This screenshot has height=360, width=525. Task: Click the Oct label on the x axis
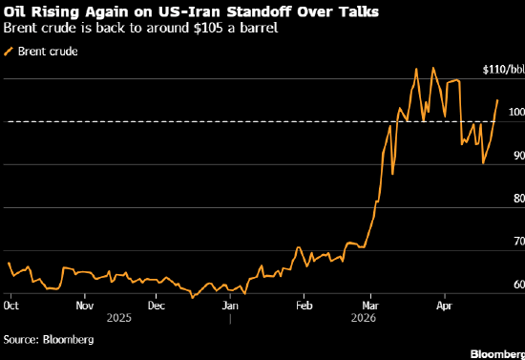[x=11, y=306]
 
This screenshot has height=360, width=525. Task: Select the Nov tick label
[x=85, y=306]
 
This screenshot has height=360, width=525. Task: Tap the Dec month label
[x=157, y=306]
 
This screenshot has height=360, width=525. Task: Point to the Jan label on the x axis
[x=230, y=306]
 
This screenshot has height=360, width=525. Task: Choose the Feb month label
[x=304, y=306]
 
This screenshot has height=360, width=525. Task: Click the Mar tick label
[x=370, y=306]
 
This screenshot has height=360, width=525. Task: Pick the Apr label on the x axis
[x=444, y=306]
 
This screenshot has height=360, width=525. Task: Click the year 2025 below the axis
[x=119, y=317]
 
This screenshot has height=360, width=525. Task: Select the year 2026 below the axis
[x=364, y=317]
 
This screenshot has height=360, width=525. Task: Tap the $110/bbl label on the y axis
[x=504, y=70]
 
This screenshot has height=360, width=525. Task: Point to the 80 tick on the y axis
[x=519, y=199]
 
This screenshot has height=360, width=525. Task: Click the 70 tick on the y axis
[x=519, y=242]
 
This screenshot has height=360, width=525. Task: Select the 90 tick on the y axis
[x=519, y=156]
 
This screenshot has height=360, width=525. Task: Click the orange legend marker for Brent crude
[x=9, y=52]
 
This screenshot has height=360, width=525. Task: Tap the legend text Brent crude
[x=48, y=52]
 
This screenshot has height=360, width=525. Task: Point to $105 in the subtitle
[x=208, y=28]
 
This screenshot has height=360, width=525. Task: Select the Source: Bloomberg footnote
[x=49, y=340]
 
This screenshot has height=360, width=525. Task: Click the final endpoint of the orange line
[x=497, y=100]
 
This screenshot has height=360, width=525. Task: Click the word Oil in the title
[x=14, y=12]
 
